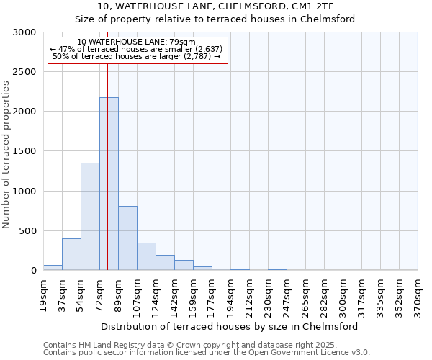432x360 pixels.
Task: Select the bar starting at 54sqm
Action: click(x=90, y=216)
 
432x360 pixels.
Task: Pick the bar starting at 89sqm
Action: click(x=127, y=238)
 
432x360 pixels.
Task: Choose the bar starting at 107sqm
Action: click(x=146, y=256)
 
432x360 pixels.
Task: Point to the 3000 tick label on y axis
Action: click(x=24, y=32)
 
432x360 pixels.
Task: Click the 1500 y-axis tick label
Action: click(x=24, y=152)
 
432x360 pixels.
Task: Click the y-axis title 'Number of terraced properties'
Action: click(x=6, y=154)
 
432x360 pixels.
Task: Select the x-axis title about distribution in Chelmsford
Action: click(x=229, y=326)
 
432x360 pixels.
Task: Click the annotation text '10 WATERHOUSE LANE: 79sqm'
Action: click(x=136, y=42)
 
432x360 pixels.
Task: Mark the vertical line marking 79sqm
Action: click(x=107, y=180)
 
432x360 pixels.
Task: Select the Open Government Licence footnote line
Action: click(x=206, y=353)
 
